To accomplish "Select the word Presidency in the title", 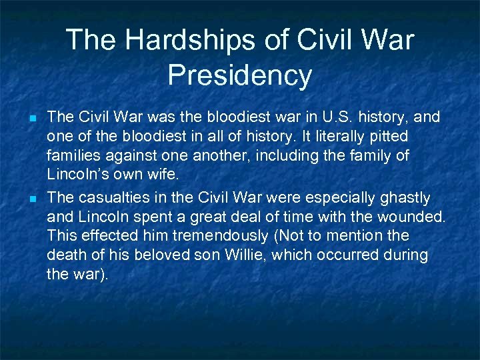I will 239,75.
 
